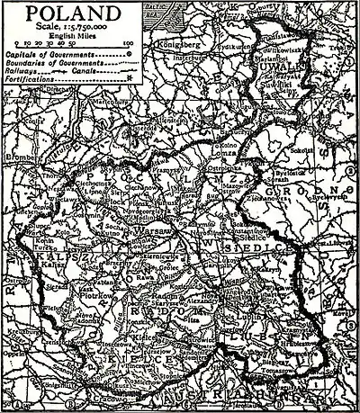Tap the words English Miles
pyautogui.click(x=71, y=39)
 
